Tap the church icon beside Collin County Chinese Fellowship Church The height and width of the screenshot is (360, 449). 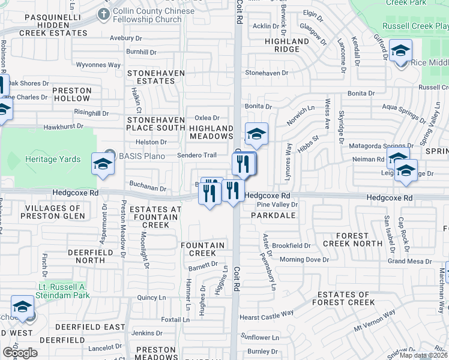[x=104, y=13]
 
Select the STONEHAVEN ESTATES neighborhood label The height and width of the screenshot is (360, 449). [x=151, y=76]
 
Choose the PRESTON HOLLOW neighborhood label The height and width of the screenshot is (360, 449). [x=71, y=94]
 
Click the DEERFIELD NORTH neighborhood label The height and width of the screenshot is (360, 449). [x=86, y=256]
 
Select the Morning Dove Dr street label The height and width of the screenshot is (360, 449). [x=304, y=260]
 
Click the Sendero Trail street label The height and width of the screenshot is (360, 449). [x=196, y=155]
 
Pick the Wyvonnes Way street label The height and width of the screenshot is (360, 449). [x=98, y=65]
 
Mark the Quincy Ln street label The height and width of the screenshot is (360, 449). [x=151, y=297]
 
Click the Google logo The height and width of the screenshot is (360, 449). [x=19, y=352]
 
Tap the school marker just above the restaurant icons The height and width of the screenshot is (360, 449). [x=256, y=135]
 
